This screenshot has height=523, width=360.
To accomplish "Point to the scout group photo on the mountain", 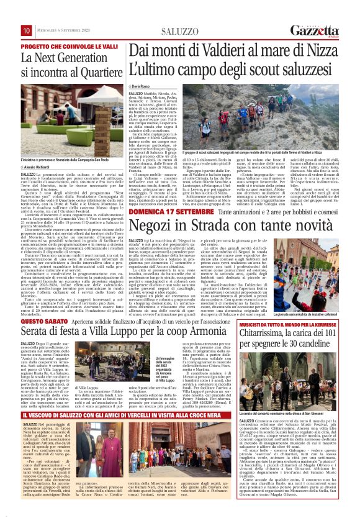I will [286, 116].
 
